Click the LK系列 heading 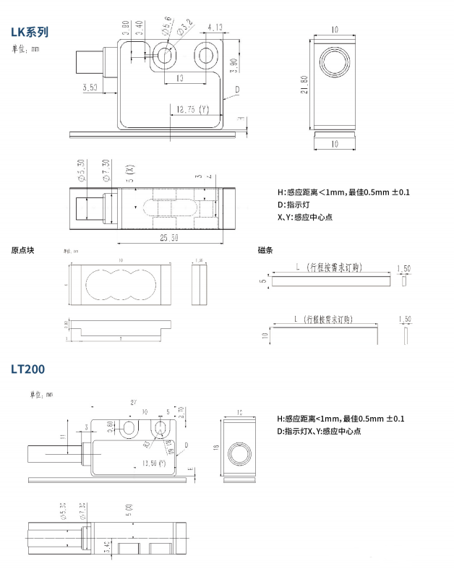[30, 32]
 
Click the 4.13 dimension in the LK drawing [214, 28]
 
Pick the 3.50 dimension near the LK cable [90, 87]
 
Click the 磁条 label [265, 250]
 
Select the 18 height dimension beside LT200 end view [215, 448]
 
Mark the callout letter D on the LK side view [236, 90]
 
